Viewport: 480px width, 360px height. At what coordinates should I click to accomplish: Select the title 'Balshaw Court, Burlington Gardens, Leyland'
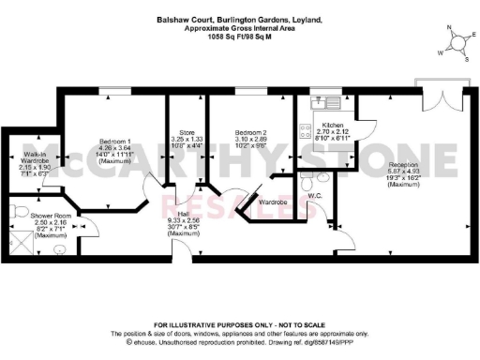click(x=239, y=20)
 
